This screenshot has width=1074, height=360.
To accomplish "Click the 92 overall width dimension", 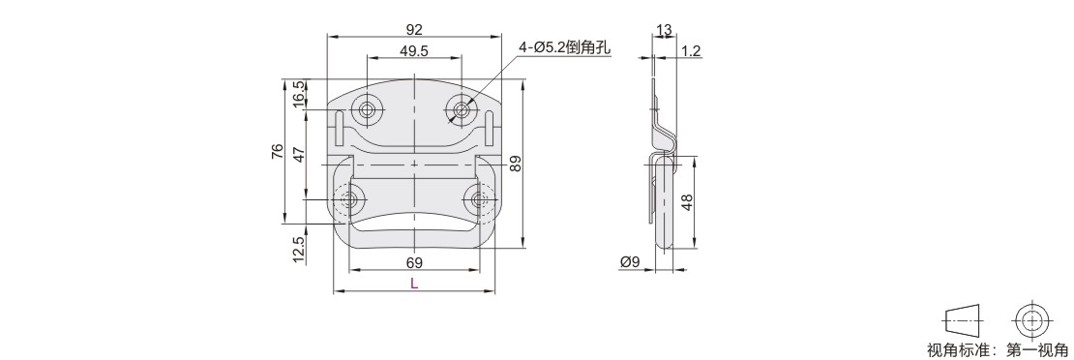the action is [x=414, y=29].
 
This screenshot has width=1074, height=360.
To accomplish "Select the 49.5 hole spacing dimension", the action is [x=414, y=50].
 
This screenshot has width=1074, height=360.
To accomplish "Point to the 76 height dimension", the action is [x=277, y=151].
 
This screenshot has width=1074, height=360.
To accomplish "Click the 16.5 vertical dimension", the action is [x=299, y=94].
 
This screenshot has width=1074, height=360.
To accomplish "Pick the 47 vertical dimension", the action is [x=299, y=154].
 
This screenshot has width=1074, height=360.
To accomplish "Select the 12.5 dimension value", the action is [x=299, y=251].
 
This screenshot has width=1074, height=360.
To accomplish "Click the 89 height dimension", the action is [x=516, y=163].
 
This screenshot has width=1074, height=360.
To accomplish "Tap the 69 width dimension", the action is [x=414, y=262].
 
